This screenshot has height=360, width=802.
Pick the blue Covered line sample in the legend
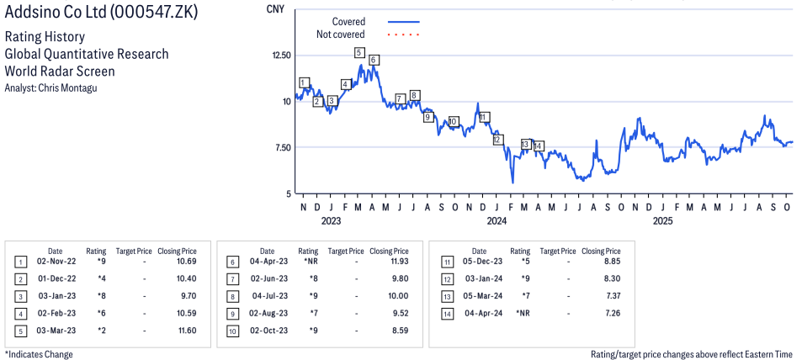(403, 22)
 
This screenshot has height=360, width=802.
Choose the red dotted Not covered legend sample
(403, 35)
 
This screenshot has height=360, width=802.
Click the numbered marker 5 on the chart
(359, 53)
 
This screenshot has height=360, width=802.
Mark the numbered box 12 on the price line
(497, 140)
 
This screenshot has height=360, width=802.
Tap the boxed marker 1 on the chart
(303, 82)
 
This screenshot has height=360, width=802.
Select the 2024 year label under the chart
(497, 221)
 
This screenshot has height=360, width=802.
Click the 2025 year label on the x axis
(663, 221)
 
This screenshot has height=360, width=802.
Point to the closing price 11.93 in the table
(397, 262)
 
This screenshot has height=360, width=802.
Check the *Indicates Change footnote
(40, 354)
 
